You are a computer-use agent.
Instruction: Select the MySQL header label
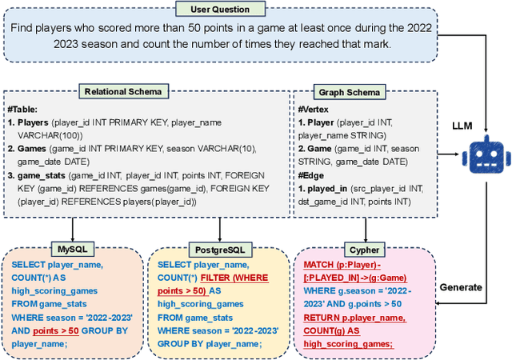point(74,249)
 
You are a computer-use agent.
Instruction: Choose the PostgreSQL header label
point(220,249)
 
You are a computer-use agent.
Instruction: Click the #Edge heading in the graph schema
point(309,175)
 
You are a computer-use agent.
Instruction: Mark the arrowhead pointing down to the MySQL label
point(74,239)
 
